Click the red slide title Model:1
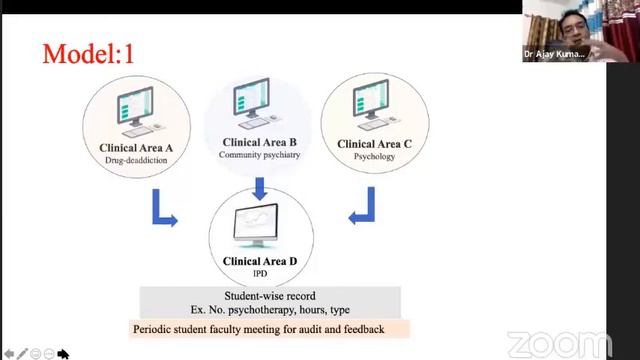88,53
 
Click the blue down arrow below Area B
259,187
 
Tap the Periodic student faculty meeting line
270,329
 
